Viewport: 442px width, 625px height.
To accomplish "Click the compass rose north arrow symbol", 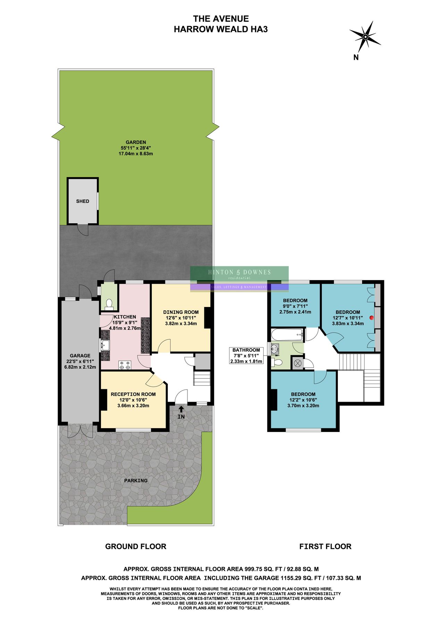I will point(365,36).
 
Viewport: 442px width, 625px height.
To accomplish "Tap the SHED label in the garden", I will point(83,201).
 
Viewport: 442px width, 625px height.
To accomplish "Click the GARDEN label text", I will point(136,142).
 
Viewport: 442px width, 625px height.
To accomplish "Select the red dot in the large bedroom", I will point(372,317).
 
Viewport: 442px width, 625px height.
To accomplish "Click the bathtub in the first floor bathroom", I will point(287,335).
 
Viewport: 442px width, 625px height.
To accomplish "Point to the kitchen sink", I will point(105,345).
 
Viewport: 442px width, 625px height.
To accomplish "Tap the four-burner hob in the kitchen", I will point(125,365).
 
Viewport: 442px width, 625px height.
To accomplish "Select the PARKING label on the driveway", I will point(136,481).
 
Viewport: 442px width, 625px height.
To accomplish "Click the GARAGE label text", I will point(80,356).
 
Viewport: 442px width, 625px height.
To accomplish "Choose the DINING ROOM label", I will point(181,312).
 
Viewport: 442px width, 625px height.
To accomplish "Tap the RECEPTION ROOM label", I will point(133,394).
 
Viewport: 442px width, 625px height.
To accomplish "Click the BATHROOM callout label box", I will point(246,356).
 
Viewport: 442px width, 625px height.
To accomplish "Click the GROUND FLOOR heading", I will point(136,546).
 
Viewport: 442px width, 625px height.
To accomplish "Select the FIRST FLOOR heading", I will point(325,546).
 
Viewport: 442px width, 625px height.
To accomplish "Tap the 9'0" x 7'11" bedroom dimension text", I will point(295,306).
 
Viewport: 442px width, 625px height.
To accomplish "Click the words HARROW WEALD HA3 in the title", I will point(220,29).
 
